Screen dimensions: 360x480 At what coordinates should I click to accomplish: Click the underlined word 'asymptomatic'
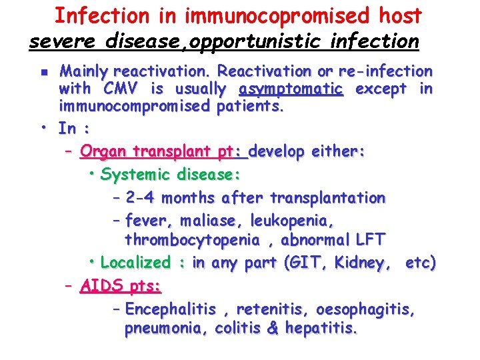[290, 89]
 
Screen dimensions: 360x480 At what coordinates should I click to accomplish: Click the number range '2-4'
[141, 198]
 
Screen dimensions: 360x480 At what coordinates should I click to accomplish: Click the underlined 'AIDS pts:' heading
[121, 286]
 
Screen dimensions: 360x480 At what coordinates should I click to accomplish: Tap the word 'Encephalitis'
[171, 309]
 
